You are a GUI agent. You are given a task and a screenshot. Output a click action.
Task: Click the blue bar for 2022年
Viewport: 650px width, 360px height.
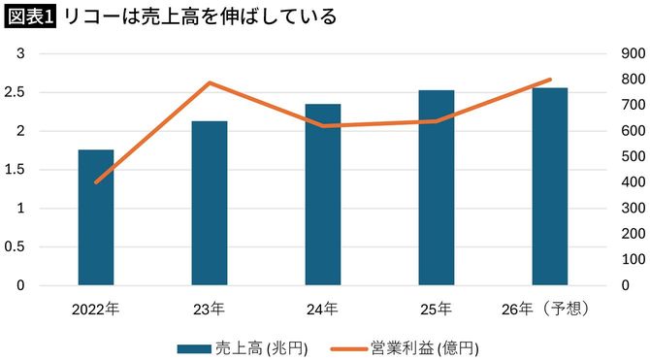[96, 218]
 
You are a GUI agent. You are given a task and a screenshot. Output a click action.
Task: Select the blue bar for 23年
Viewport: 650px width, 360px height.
[210, 204]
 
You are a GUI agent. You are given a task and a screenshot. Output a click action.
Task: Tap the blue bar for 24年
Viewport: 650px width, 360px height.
[323, 195]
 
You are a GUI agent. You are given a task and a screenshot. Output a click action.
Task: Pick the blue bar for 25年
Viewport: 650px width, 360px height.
[437, 188]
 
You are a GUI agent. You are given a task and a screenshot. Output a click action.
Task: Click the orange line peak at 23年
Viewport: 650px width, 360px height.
[210, 82]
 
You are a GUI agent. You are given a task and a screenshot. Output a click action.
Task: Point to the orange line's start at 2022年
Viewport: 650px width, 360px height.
[96, 182]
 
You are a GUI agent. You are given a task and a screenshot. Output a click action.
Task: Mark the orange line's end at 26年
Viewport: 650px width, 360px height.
[550, 80]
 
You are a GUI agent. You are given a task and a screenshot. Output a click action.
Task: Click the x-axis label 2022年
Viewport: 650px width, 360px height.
[96, 310]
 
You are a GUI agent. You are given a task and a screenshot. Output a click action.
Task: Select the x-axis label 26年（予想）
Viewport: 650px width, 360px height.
[550, 310]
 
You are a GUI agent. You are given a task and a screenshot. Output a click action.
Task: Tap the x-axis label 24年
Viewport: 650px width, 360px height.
[323, 310]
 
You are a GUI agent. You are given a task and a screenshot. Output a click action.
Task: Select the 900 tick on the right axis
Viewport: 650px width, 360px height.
[621, 53]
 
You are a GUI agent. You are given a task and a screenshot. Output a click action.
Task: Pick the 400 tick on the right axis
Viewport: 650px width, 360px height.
[621, 182]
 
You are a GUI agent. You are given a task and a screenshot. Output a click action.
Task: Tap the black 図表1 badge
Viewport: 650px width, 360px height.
[29, 16]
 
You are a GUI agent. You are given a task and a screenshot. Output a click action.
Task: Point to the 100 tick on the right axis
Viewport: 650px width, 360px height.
[621, 260]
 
